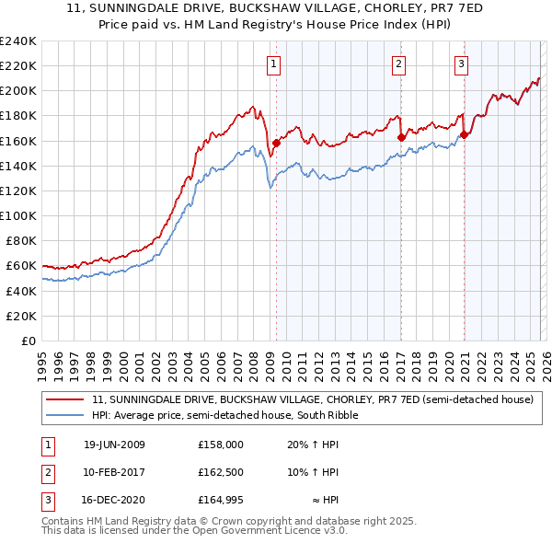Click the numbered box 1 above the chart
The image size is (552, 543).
tap(275, 64)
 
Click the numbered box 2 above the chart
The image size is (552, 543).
tap(398, 64)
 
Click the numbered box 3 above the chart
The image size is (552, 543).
tap(461, 64)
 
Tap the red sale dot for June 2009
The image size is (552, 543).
tap(276, 143)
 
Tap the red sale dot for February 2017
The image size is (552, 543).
tap(401, 137)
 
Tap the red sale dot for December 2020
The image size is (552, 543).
tap(465, 134)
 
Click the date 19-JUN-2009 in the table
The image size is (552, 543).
tap(114, 445)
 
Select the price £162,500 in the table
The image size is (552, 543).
tap(221, 472)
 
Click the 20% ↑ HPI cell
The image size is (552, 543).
tap(313, 445)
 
